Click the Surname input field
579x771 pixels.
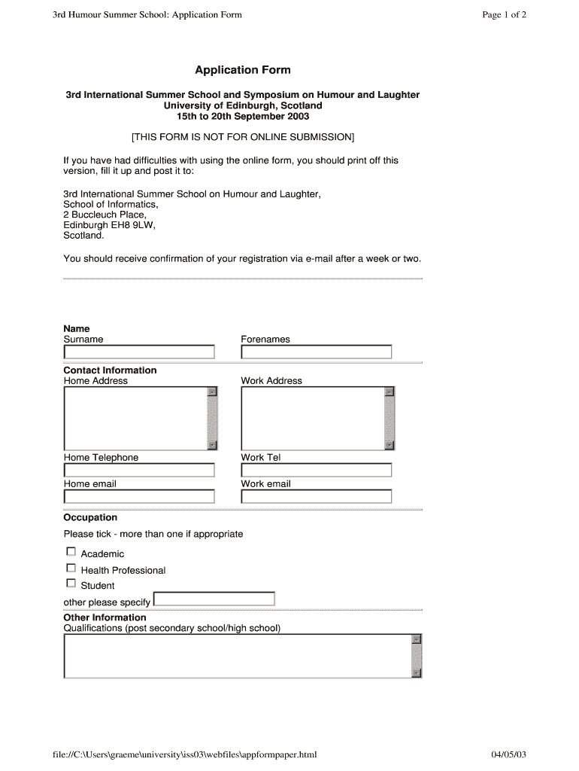point(139,352)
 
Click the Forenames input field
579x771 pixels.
point(316,352)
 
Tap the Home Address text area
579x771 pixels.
point(135,418)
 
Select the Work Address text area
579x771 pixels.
point(312,418)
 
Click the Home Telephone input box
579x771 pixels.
point(139,470)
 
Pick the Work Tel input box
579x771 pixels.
point(316,470)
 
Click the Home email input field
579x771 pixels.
point(139,496)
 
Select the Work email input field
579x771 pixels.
point(316,496)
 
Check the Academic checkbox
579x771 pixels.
point(71,552)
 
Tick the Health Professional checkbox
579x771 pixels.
point(71,568)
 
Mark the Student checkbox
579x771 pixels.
point(71,583)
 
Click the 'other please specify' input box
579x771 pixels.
point(214,599)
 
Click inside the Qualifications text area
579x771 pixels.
point(237,656)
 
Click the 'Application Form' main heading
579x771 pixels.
point(242,70)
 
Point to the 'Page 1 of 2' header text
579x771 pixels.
point(504,14)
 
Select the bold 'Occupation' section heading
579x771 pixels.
point(90,517)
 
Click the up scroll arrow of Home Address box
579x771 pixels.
point(212,392)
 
